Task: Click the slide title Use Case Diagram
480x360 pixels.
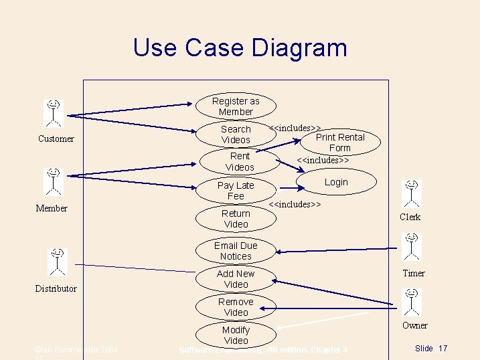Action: coord(240,48)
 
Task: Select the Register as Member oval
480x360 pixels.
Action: coord(236,106)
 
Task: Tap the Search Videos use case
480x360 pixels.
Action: coord(236,134)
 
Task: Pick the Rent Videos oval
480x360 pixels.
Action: coord(240,161)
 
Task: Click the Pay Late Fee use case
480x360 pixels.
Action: coord(236,191)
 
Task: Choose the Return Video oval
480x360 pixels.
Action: coord(236,219)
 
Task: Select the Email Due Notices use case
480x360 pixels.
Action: coord(236,251)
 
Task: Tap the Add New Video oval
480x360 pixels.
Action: coord(236,279)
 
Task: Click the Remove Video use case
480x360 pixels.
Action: coord(236,307)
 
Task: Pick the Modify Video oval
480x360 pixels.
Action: coord(236,335)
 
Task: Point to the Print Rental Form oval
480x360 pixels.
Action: coord(340,143)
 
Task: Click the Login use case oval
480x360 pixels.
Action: coord(336,182)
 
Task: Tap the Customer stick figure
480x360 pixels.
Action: coord(54,113)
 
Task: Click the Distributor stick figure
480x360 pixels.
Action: coord(58,262)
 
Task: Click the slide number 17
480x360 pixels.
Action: coord(443,349)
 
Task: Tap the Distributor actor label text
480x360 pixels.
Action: coord(56,288)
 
